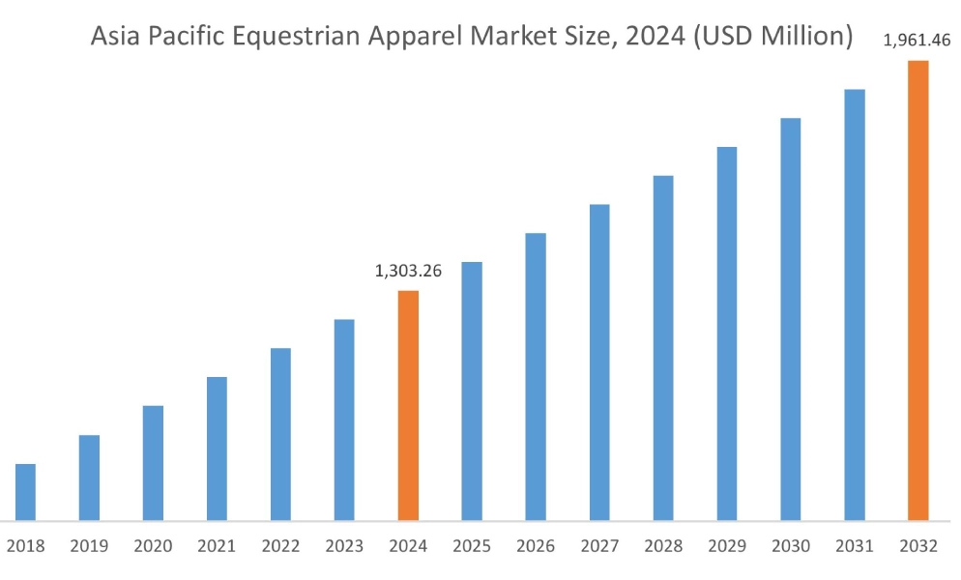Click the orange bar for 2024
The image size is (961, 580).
tap(408, 406)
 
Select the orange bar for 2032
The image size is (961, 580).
tap(917, 290)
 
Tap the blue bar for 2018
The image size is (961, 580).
tap(25, 492)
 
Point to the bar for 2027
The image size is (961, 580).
tap(599, 362)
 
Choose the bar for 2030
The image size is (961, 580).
tap(791, 319)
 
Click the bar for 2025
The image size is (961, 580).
tap(472, 391)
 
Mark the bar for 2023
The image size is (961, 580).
tap(344, 420)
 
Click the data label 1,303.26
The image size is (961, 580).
tap(408, 272)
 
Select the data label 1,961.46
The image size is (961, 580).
tap(917, 41)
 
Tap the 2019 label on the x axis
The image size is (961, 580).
tap(89, 547)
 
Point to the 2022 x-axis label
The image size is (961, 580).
tap(280, 547)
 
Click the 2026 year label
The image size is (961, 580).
tap(536, 547)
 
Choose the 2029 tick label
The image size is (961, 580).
tap(727, 547)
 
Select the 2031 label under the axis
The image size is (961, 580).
tap(855, 547)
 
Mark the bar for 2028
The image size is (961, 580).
tap(663, 348)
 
